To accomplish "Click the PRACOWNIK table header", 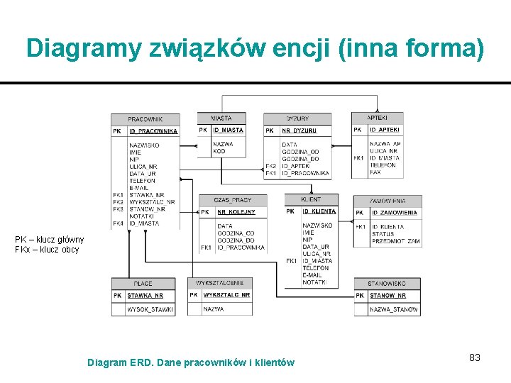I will coord(145,119).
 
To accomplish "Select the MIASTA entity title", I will coord(221,118).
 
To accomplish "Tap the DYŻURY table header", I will coord(297,118).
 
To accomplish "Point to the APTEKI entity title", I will coord(378,117).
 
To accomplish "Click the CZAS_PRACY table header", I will coord(232,200).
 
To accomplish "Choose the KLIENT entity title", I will coord(311,199).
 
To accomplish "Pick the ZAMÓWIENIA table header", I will coord(388,201).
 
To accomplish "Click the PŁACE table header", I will coord(143,284).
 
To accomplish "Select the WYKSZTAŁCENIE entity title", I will coord(220,283).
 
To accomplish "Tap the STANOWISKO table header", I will coord(387,284).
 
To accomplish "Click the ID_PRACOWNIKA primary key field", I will coord(153,131).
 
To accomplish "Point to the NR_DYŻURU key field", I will coord(299,131).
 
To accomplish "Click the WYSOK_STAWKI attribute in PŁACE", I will coord(150,309).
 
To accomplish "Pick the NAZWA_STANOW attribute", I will coord(394,310).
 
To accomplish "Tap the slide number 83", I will coord(475,357).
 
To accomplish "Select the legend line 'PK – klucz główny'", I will coord(50,240).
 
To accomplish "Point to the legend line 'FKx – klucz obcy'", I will coord(47,250).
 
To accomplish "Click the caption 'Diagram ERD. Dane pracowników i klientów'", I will coord(190,362).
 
